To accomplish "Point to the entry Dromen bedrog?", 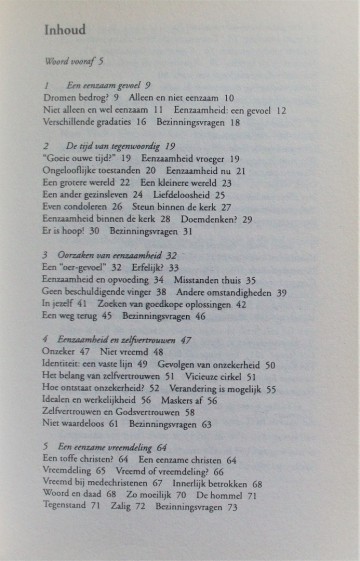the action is tap(75, 99).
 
